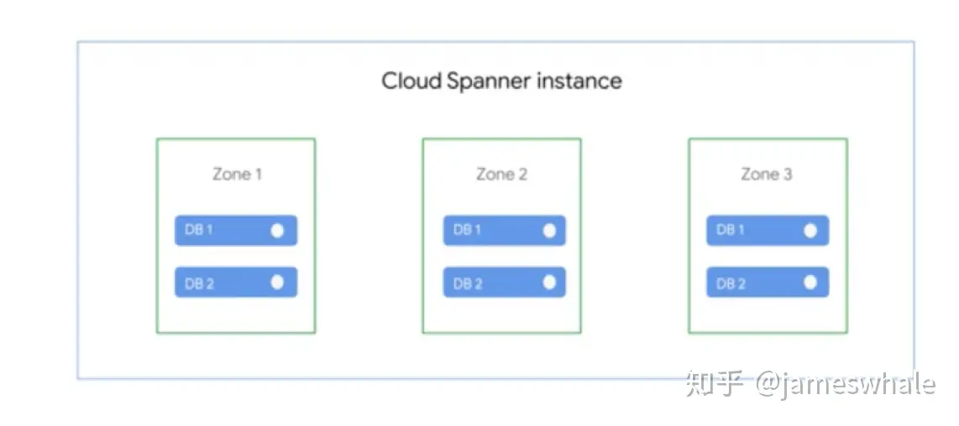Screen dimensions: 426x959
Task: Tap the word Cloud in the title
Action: pos(411,81)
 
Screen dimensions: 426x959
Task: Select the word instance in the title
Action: pos(579,81)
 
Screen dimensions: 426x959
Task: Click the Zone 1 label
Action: pos(236,174)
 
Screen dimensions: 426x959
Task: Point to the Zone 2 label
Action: pos(501,174)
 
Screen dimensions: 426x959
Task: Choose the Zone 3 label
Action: pos(767,174)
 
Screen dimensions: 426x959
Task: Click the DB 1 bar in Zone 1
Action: pos(235,231)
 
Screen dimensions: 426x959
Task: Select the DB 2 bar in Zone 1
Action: pos(235,283)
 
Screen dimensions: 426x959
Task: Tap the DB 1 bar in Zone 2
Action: pos(504,231)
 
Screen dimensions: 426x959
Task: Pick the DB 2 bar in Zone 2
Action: pos(504,283)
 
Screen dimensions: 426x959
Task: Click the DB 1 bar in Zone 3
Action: pos(768,231)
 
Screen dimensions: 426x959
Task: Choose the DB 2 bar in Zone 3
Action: pos(768,283)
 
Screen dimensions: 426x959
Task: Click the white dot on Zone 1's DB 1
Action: pos(277,231)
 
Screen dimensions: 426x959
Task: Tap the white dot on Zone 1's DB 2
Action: pos(277,283)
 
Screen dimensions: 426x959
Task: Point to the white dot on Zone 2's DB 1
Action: pos(549,231)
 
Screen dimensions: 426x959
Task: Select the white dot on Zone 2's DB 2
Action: pos(549,283)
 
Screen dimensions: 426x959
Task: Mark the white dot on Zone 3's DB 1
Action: pos(810,231)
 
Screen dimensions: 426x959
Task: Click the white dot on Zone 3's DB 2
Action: pos(810,283)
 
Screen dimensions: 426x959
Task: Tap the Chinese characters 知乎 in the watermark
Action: pos(715,384)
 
